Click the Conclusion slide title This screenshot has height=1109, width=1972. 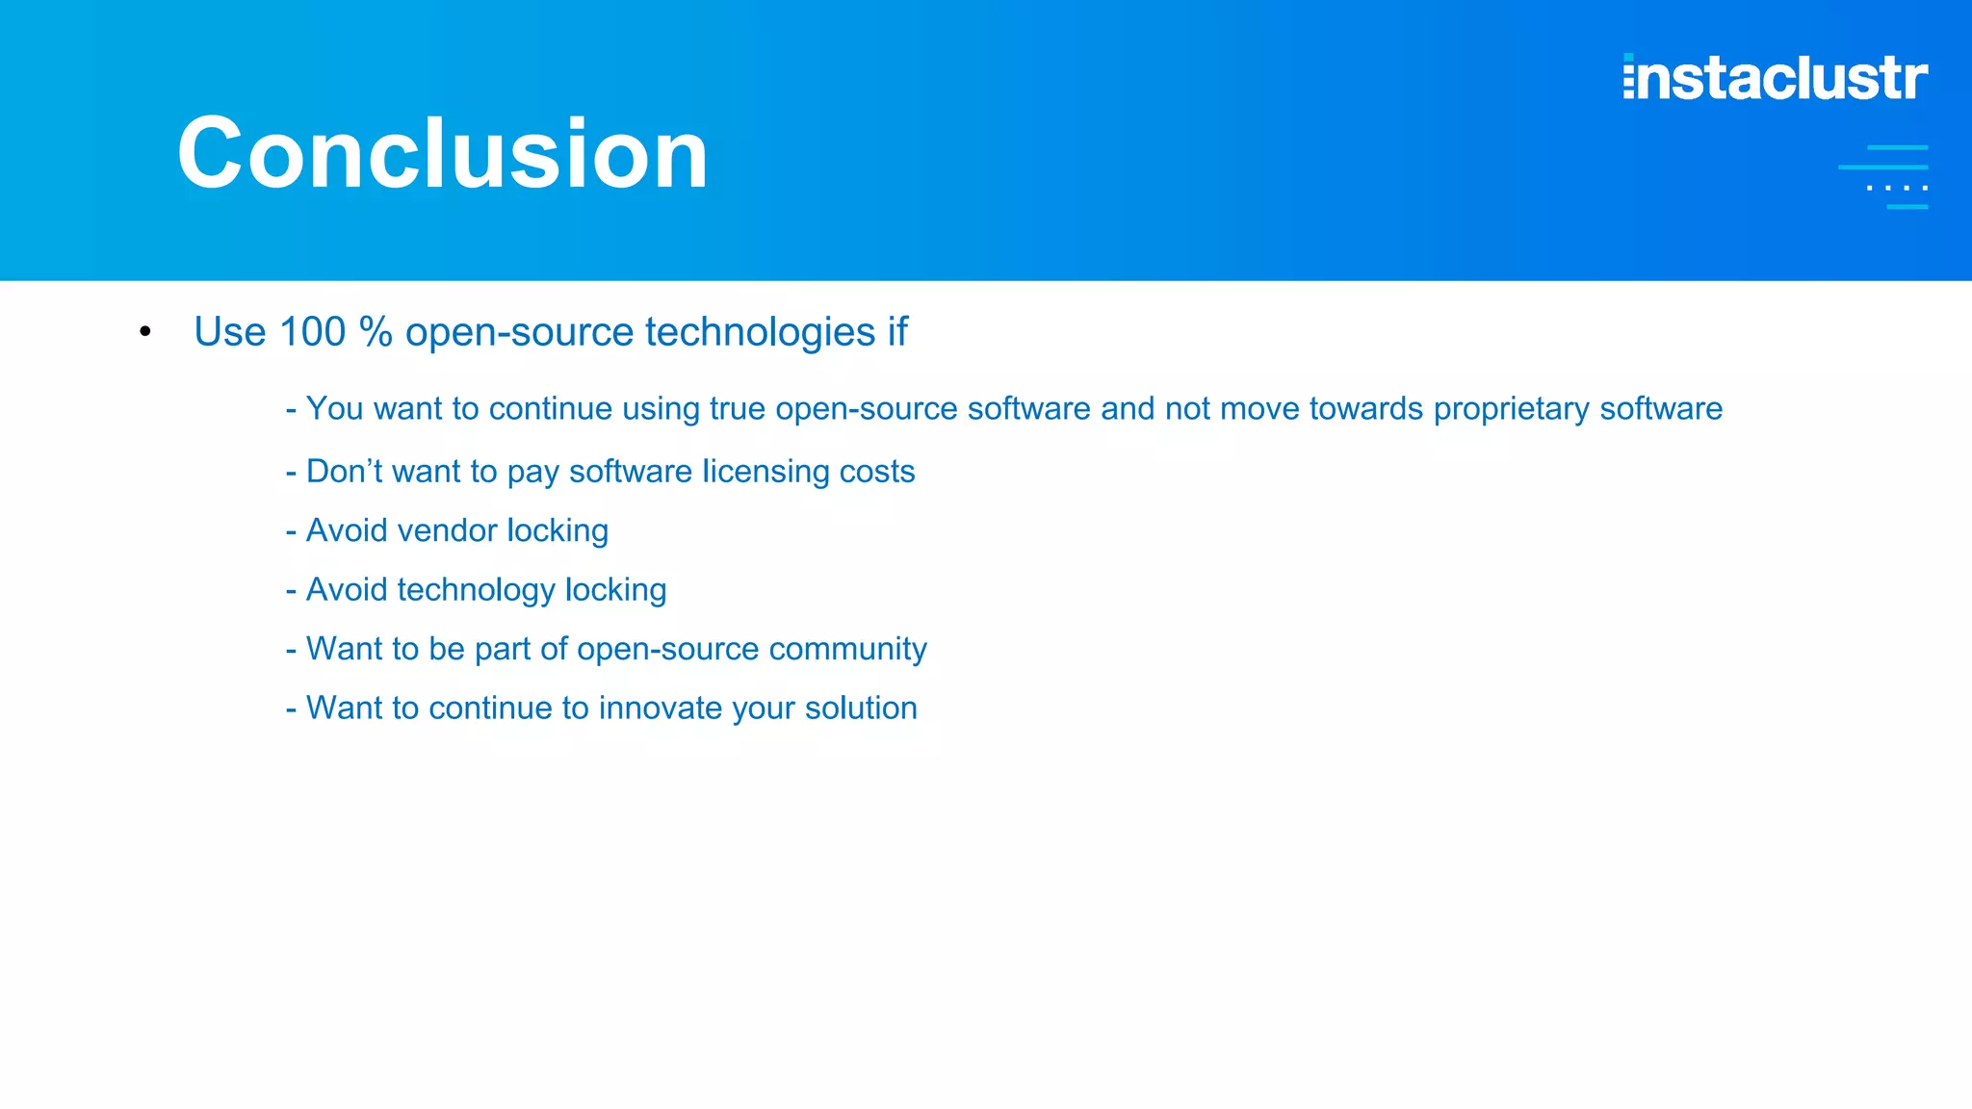[x=443, y=154]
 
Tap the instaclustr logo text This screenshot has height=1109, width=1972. [x=1775, y=78]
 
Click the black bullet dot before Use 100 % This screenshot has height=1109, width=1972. [x=145, y=332]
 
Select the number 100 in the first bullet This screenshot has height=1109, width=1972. [x=312, y=332]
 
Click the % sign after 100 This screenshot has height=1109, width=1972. [x=376, y=332]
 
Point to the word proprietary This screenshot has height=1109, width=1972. [x=1511, y=409]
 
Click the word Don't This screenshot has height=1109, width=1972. [x=344, y=472]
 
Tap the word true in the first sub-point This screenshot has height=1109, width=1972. [x=737, y=409]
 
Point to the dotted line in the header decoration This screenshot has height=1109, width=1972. [x=1897, y=188]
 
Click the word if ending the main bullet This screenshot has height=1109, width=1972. [x=897, y=332]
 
